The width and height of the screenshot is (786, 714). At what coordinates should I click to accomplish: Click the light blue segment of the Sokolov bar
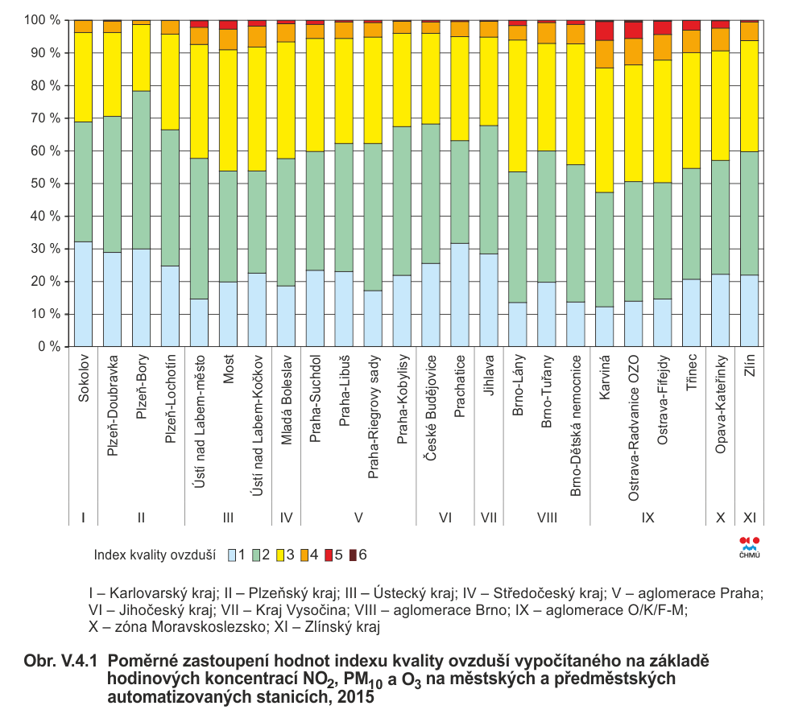83,294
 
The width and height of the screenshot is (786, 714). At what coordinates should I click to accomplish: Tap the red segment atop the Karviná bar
605,31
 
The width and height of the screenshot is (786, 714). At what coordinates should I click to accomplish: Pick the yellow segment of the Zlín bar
750,97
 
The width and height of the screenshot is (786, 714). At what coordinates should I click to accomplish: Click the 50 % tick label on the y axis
45,184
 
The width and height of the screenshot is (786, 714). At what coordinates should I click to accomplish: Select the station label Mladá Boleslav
286,400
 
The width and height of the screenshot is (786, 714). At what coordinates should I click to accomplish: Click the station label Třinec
692,373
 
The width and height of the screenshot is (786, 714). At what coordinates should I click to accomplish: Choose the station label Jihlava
489,375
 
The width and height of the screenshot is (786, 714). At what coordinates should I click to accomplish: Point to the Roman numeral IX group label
648,518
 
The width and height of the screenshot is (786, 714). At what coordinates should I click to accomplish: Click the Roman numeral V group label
358,518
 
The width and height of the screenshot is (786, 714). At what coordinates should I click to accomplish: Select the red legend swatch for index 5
329,555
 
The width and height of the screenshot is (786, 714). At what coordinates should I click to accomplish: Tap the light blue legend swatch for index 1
232,555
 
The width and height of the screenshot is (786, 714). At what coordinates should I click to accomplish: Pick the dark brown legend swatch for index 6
353,555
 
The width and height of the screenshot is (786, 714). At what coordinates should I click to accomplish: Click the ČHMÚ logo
750,547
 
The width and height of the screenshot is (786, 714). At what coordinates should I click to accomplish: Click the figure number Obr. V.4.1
60,662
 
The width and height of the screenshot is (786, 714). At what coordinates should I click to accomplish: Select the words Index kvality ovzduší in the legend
155,555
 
